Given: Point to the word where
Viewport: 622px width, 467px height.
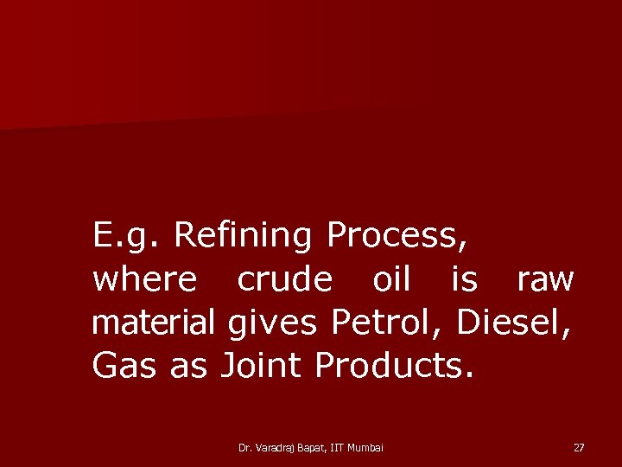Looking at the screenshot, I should click(x=144, y=279).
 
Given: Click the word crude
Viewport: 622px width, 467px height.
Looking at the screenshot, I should click(x=284, y=279).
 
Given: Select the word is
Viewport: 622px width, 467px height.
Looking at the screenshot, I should click(x=464, y=279).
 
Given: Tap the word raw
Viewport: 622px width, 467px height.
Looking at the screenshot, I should click(x=544, y=279).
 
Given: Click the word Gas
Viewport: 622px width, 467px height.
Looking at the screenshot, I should click(x=124, y=366).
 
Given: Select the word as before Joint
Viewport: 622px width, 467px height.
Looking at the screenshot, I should click(x=189, y=366).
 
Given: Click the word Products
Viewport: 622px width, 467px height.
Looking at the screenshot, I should click(x=394, y=366).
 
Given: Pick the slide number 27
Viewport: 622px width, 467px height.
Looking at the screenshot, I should click(x=579, y=447).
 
